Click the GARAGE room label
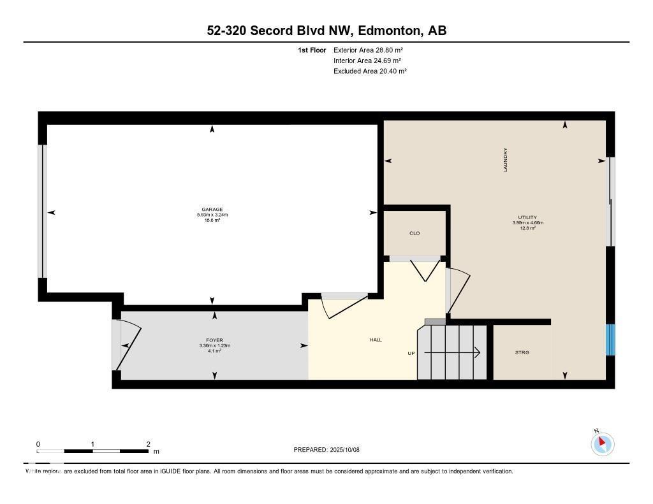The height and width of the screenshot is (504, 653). click(x=212, y=209)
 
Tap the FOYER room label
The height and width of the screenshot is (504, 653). click(x=214, y=340)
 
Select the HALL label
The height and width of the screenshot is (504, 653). click(x=376, y=340)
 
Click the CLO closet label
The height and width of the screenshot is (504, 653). click(x=415, y=233)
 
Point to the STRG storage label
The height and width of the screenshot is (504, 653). click(x=522, y=352)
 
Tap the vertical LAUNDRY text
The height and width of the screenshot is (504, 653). click(x=505, y=160)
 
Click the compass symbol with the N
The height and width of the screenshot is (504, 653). click(x=603, y=443)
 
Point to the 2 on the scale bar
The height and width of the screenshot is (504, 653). click(x=148, y=444)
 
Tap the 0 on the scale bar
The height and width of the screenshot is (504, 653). click(x=38, y=444)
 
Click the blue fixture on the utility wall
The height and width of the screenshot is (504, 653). click(x=611, y=340)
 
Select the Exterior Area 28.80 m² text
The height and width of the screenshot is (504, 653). click(x=368, y=50)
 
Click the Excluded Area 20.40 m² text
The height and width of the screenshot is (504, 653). click(x=370, y=71)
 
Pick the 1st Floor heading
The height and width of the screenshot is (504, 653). click(x=312, y=50)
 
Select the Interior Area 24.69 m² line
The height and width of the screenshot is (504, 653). click(x=367, y=61)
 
